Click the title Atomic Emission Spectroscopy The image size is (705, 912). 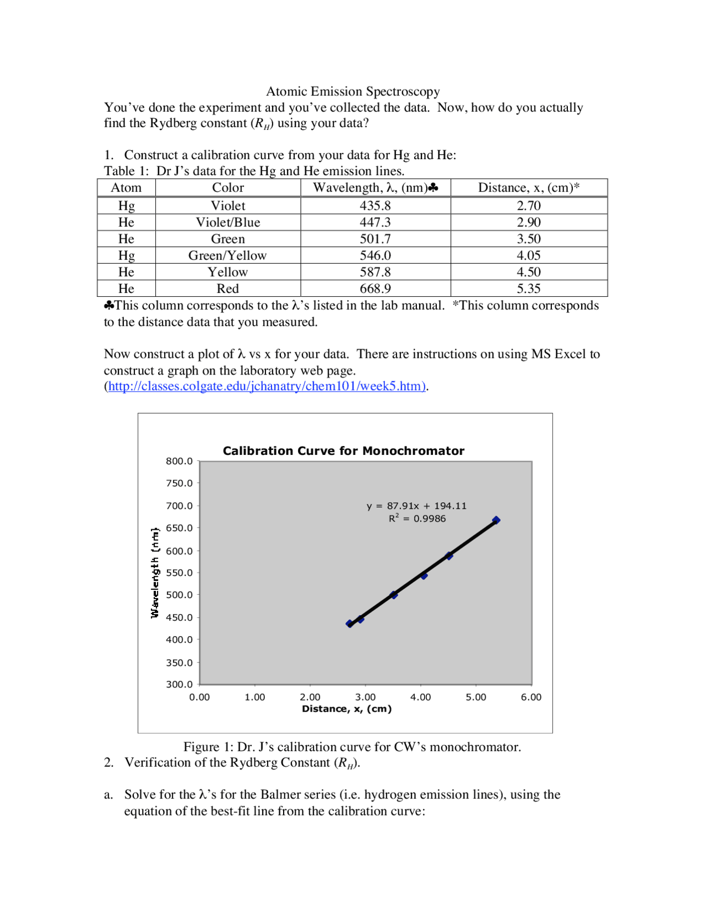(x=352, y=91)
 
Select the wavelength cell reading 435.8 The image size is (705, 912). (x=375, y=206)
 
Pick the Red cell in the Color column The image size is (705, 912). (x=227, y=289)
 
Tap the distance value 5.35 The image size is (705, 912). (x=528, y=289)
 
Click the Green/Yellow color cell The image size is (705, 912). (x=227, y=256)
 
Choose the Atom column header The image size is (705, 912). (x=126, y=188)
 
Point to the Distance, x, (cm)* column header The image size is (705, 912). (x=528, y=188)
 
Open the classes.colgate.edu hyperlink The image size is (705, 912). (x=267, y=386)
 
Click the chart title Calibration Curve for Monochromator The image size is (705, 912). (x=343, y=451)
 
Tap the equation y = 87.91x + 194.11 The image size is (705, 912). (x=416, y=506)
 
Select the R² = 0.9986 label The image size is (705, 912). (x=417, y=519)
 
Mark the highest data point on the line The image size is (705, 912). (x=496, y=520)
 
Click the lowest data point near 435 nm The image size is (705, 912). (x=350, y=623)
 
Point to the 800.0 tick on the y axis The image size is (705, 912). (x=179, y=461)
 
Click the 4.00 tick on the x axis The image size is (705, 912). (x=420, y=697)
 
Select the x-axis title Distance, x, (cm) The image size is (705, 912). (x=346, y=709)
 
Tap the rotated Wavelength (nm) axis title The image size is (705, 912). (x=155, y=573)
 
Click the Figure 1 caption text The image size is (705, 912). (x=352, y=747)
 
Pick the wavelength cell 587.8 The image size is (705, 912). (x=375, y=272)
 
